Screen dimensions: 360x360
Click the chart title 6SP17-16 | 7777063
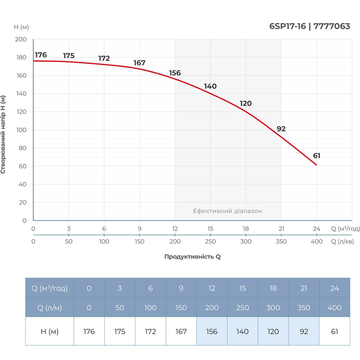[310, 26]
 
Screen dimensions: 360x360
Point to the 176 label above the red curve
[41, 55]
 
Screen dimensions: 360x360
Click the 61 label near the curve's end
[317, 156]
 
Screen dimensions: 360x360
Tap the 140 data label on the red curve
[210, 86]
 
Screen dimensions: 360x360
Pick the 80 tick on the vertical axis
[22, 148]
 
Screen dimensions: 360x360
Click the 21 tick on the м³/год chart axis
[281, 229]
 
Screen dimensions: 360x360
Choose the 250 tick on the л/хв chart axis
[210, 242]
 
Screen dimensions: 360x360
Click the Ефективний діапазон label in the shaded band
[228, 211]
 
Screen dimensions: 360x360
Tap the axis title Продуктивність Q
[193, 257]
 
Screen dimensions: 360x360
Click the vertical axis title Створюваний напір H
[3, 134]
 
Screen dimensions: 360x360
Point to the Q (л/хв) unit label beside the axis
[342, 242]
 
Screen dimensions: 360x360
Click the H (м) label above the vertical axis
[21, 27]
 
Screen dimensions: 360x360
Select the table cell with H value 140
[242, 331]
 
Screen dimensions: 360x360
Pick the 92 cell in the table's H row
[304, 331]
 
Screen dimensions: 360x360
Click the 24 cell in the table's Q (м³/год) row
[334, 288]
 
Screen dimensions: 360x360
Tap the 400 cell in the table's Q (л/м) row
[334, 307]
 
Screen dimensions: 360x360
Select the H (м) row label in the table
[50, 331]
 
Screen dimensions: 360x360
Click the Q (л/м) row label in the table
[50, 307]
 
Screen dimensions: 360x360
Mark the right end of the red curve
[317, 165]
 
